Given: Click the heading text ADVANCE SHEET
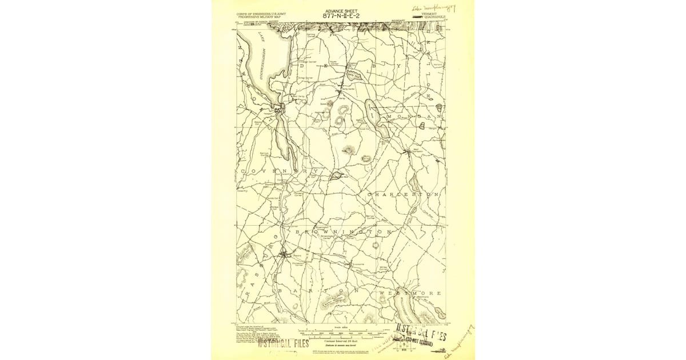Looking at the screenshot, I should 342,11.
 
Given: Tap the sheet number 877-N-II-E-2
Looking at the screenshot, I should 342,16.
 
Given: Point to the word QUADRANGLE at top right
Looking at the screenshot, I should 433,17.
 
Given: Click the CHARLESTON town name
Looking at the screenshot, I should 404,195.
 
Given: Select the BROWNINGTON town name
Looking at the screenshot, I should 343,233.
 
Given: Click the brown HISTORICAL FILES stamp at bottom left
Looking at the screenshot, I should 283,343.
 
